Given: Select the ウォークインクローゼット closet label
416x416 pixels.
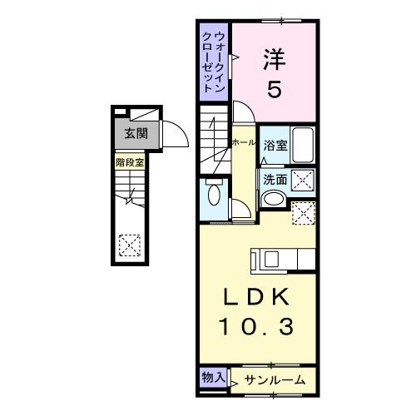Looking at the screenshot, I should (215, 62).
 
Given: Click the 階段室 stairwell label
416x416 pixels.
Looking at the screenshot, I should (130, 162).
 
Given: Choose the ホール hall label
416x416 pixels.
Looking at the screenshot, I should (244, 143).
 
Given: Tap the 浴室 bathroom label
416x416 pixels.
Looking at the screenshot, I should (276, 146).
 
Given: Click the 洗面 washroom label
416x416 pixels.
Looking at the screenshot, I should (276, 179).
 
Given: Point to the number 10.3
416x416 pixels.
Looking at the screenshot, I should (258, 327).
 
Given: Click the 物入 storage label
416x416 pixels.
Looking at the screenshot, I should (213, 377).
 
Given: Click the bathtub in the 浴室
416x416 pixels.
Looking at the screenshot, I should (303, 146).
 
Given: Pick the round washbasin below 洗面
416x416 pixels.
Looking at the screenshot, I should (272, 200).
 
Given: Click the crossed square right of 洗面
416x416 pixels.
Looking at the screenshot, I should (303, 179).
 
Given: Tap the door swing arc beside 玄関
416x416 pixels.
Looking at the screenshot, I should (172, 133).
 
